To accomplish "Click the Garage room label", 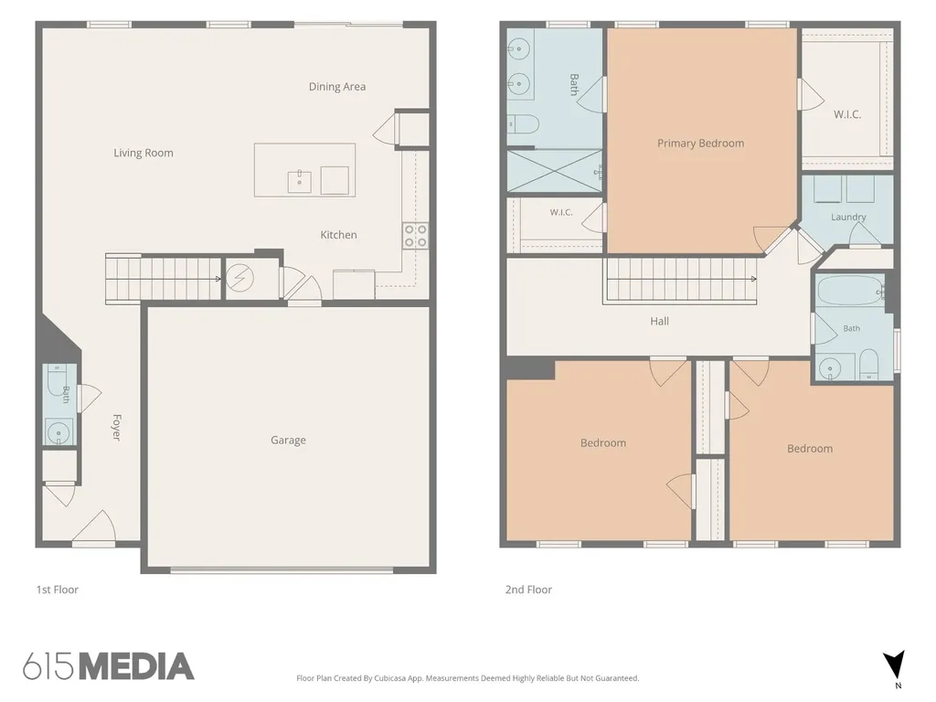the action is (288, 441).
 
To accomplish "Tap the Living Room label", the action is (144, 153).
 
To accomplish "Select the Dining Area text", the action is (337, 87).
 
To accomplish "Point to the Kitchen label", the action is (338, 235).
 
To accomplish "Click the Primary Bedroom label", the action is (701, 144).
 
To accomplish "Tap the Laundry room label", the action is (848, 218).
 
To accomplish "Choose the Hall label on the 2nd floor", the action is (660, 321).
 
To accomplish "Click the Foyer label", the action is (117, 428).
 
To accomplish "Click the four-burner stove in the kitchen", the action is (416, 235).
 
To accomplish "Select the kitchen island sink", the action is (300, 182).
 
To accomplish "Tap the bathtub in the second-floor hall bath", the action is (849, 290).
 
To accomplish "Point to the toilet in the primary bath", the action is (523, 124).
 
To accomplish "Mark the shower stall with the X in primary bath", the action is (555, 171).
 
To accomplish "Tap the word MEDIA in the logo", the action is (137, 666).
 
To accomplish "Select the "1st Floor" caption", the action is (58, 590).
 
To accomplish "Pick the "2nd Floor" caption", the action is (529, 590).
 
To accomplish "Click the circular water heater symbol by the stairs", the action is (240, 278).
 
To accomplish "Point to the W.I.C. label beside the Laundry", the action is (847, 114).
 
